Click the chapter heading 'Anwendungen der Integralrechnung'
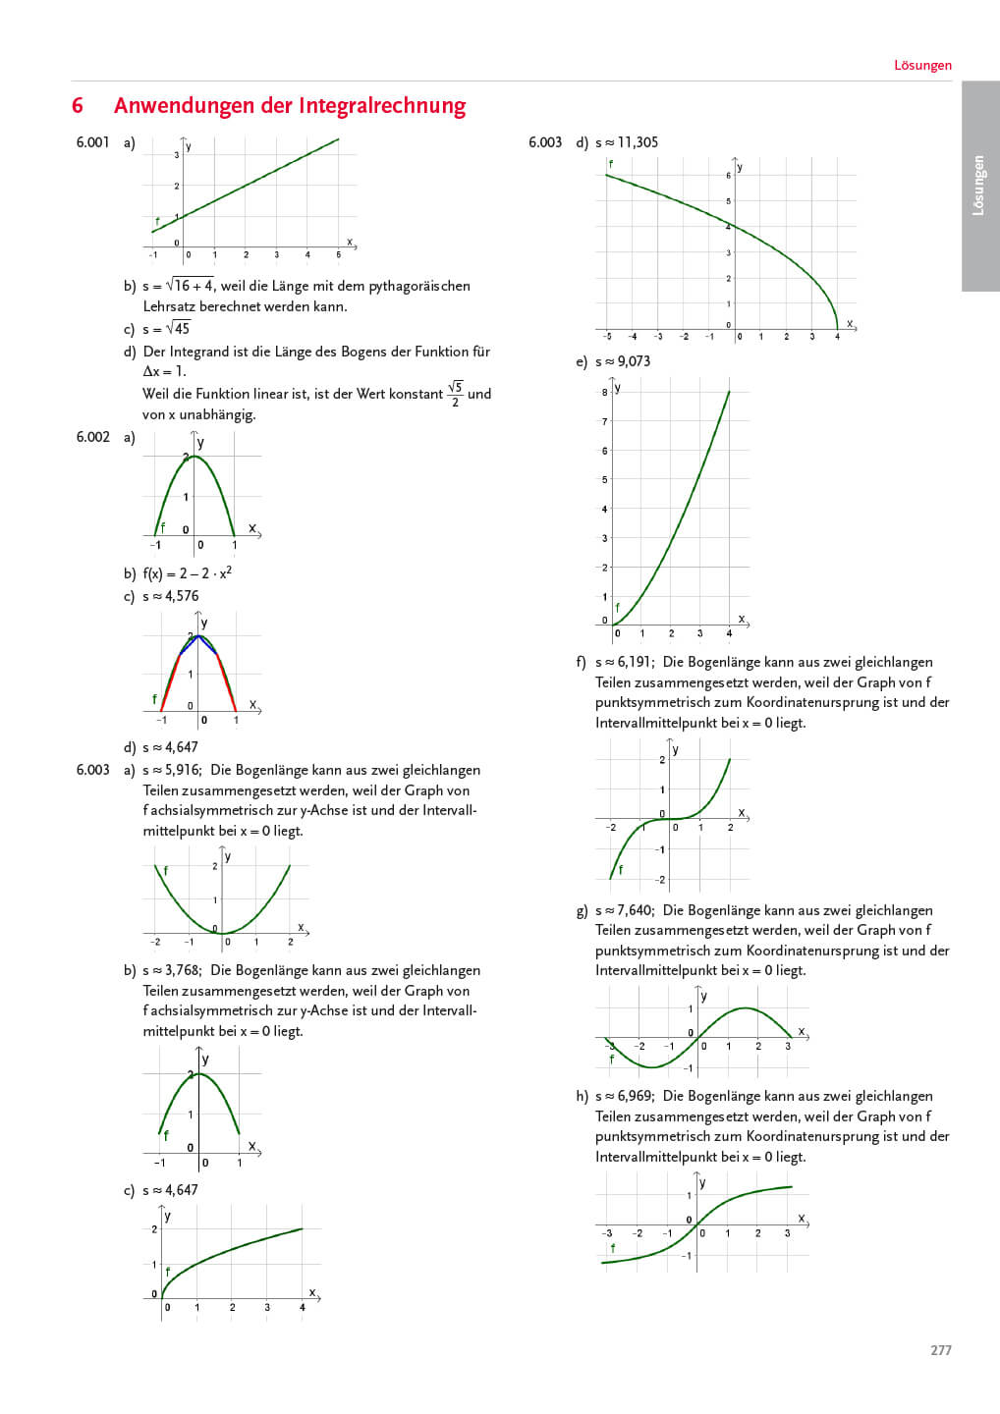[290, 106]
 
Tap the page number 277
[940, 1350]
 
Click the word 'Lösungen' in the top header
[922, 66]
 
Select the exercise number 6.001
[92, 142]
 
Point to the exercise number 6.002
[92, 437]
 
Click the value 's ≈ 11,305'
[627, 142]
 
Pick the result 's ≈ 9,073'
[623, 361]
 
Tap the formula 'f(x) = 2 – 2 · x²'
[188, 573]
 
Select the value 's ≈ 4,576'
[171, 596]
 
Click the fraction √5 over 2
[455, 394]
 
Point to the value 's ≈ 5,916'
[172, 770]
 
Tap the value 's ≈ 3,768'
[172, 970]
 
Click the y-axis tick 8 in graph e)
[605, 393]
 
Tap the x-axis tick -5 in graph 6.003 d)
[607, 337]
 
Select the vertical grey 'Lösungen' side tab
[979, 186]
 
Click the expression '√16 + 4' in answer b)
[190, 286]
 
